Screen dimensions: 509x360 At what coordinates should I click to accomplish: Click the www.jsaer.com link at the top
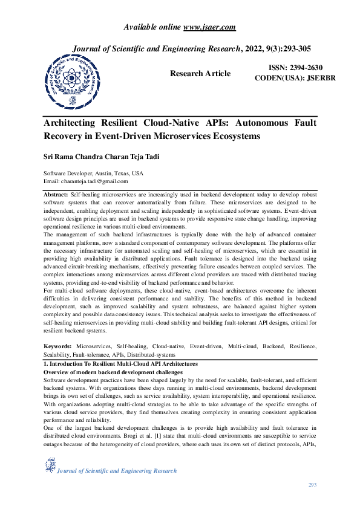click(x=209, y=27)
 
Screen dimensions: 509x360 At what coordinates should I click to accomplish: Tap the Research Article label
click(x=200, y=74)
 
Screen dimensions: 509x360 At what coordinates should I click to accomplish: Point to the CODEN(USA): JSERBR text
click(x=295, y=79)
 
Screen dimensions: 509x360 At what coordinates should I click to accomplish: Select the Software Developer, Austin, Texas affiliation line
click(x=94, y=173)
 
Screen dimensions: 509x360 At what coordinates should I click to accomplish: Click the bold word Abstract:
click(x=56, y=195)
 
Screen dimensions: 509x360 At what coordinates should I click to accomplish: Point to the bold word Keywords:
click(x=58, y=346)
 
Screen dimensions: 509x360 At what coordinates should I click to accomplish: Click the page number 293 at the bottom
click(x=312, y=485)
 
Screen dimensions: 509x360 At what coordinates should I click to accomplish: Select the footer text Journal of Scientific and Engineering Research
click(x=117, y=471)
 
